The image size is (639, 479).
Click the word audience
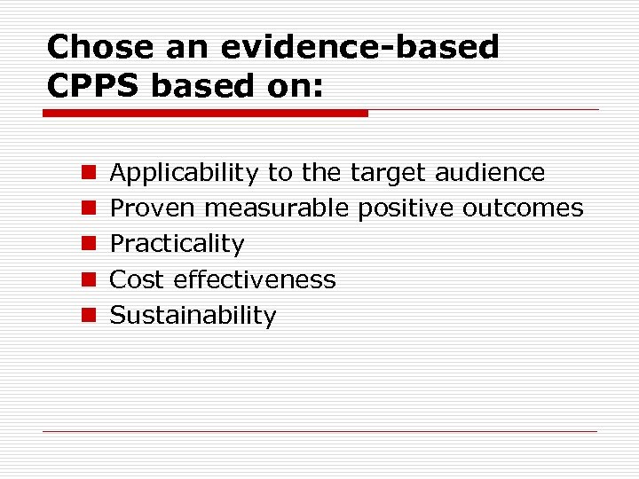[490, 172]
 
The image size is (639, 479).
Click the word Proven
[154, 208]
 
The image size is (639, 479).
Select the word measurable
[278, 208]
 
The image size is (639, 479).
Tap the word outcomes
[523, 208]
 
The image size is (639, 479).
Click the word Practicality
[177, 244]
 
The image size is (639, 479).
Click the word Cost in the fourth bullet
[138, 279]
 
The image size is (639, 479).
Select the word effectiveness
[255, 279]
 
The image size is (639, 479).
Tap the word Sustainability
[193, 315]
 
